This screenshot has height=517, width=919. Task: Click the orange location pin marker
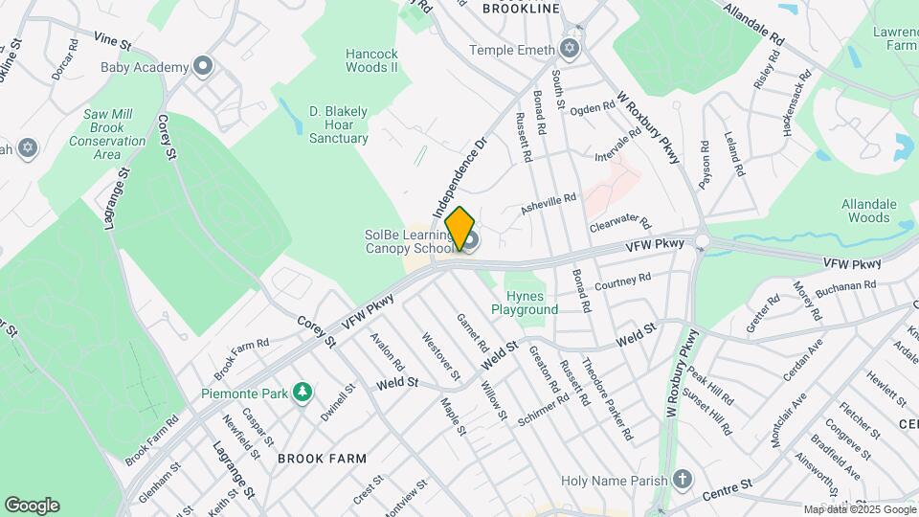pos(460,229)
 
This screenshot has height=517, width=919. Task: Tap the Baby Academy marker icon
pos(202,67)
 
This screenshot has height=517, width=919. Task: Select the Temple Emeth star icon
pos(571,50)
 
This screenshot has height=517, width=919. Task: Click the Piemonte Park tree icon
pos(303,392)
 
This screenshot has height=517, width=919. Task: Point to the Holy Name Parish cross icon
pos(683,478)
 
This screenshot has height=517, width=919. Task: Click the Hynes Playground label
pos(525,303)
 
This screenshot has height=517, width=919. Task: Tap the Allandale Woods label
pos(868,212)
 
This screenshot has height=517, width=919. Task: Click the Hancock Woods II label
pos(371,60)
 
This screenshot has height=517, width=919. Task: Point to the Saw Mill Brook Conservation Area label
pos(107,134)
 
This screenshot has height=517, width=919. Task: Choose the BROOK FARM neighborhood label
pos(322,459)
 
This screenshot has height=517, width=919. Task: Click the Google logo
pos(32,506)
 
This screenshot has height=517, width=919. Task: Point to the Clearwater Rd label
pos(619,223)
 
